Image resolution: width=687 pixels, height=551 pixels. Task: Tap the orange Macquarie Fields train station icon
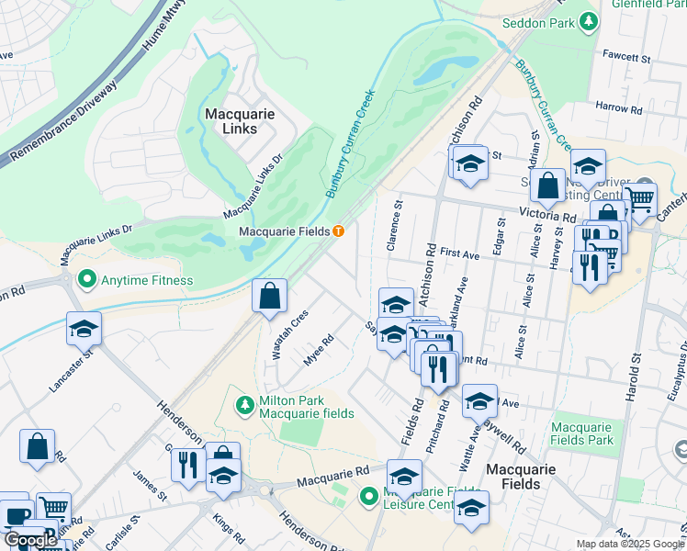pos(339,231)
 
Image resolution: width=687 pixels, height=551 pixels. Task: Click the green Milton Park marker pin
pos(244,404)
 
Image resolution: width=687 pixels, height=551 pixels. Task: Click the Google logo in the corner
pos(30,541)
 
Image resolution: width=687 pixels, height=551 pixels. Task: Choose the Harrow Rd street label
pos(618,107)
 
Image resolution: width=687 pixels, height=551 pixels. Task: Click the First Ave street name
pos(461,252)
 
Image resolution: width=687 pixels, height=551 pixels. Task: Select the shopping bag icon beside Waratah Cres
pos(269,297)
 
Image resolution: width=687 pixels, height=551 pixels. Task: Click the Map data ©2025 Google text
pos(629,544)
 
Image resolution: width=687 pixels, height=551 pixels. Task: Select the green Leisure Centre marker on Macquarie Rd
pos(368,497)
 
